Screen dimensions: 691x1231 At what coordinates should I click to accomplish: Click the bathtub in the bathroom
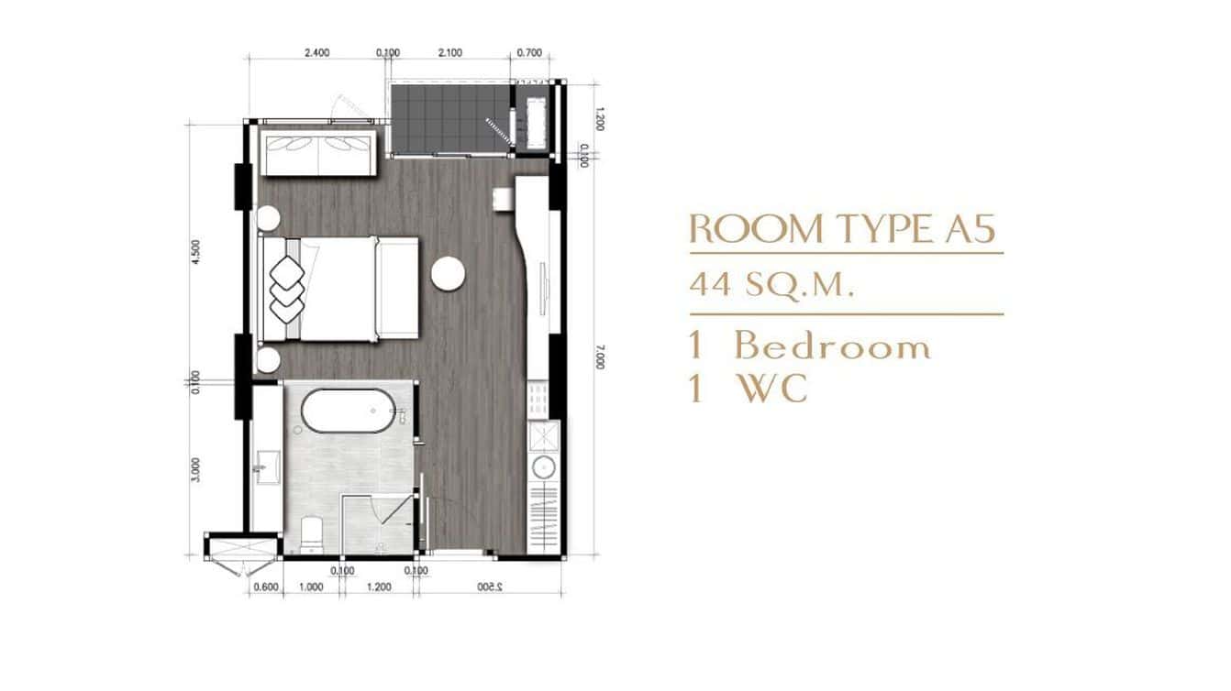point(349,412)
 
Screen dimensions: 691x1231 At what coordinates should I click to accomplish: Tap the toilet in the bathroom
point(311,534)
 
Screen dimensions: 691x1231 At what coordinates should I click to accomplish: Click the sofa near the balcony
point(317,153)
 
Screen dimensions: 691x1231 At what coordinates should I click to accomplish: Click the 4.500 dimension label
point(194,254)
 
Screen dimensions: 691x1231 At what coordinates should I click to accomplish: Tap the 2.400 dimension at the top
point(316,53)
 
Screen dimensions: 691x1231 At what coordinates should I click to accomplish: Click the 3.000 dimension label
point(194,468)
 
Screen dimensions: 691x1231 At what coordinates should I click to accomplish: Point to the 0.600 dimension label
point(265,588)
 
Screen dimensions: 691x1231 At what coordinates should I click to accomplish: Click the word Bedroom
point(832,347)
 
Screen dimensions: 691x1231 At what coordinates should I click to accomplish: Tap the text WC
point(773,389)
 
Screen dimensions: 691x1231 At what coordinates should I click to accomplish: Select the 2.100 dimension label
point(449,53)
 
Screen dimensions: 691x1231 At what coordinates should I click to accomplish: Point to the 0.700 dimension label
point(529,53)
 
